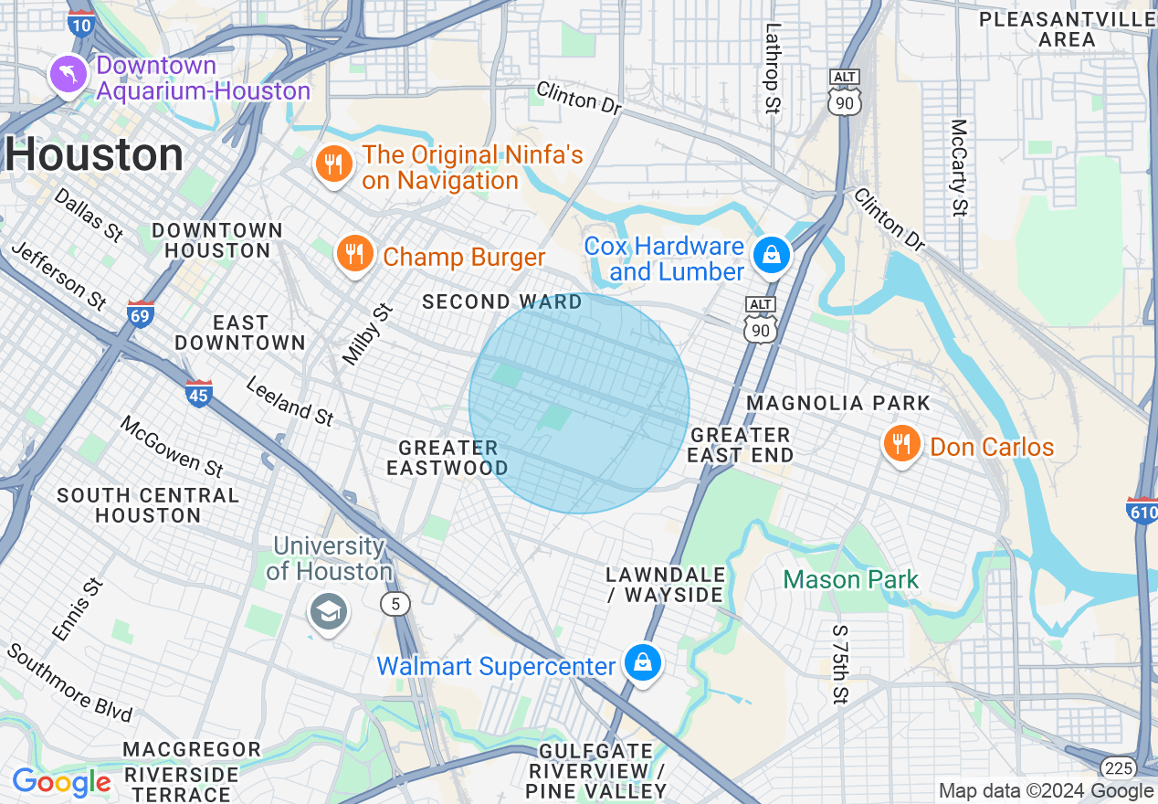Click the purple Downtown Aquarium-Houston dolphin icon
click(x=68, y=74)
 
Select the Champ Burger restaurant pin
click(x=353, y=254)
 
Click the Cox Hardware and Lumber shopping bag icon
click(x=772, y=255)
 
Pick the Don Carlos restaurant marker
click(x=901, y=445)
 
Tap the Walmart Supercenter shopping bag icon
click(x=642, y=662)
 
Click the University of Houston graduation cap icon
click(x=328, y=611)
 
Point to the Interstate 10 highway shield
click(x=80, y=24)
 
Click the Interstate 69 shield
click(x=141, y=313)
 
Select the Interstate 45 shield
click(x=198, y=394)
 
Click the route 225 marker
click(x=1118, y=767)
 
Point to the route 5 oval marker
click(x=395, y=604)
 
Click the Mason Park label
click(x=850, y=580)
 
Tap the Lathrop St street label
click(x=773, y=69)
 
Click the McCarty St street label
click(x=958, y=167)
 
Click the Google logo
click(x=61, y=782)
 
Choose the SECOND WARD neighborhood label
click(x=501, y=301)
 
